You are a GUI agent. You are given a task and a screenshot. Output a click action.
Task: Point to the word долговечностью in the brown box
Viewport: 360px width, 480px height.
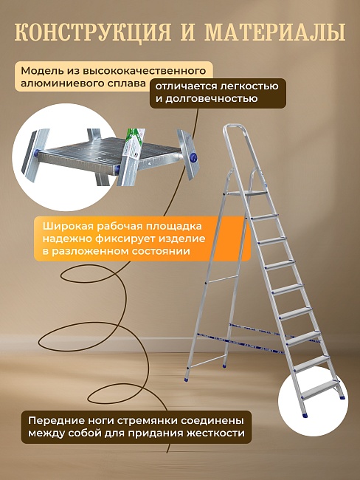click(213, 98)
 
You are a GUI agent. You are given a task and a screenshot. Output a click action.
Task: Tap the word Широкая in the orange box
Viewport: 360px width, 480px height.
click(64, 225)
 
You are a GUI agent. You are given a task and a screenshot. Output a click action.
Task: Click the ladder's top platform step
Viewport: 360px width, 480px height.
click(249, 193)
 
